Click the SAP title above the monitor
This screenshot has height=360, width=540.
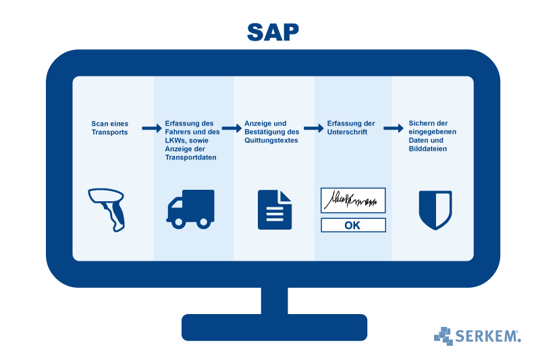pyautogui.click(x=273, y=31)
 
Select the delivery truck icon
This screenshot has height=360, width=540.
pyautogui.click(x=190, y=208)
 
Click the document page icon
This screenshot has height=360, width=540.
pyautogui.click(x=275, y=209)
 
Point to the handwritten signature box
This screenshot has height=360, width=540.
pyautogui.click(x=353, y=200)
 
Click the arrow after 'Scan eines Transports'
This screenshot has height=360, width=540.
pyautogui.click(x=149, y=128)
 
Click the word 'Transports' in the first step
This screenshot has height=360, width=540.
pyautogui.click(x=109, y=132)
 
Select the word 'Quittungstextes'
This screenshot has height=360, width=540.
pyautogui.click(x=271, y=140)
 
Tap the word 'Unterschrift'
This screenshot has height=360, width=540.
pyautogui.click(x=348, y=132)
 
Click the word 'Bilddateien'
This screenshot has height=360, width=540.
pyautogui.click(x=428, y=149)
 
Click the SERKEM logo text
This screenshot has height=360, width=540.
pyautogui.click(x=487, y=336)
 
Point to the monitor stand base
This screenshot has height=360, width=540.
pyautogui.click(x=274, y=327)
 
